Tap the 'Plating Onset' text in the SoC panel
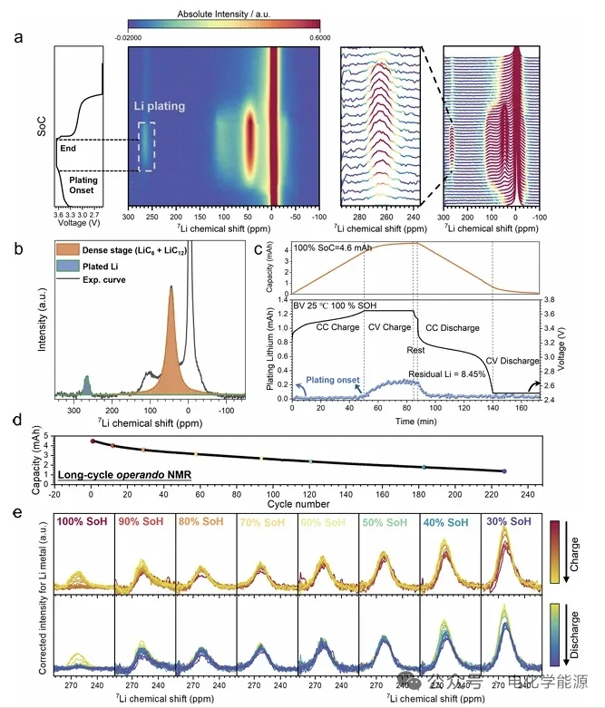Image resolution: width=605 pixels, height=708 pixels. (x=83, y=186)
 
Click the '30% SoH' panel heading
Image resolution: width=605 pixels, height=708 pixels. (x=508, y=523)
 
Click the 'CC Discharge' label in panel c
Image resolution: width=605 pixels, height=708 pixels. (x=458, y=327)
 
